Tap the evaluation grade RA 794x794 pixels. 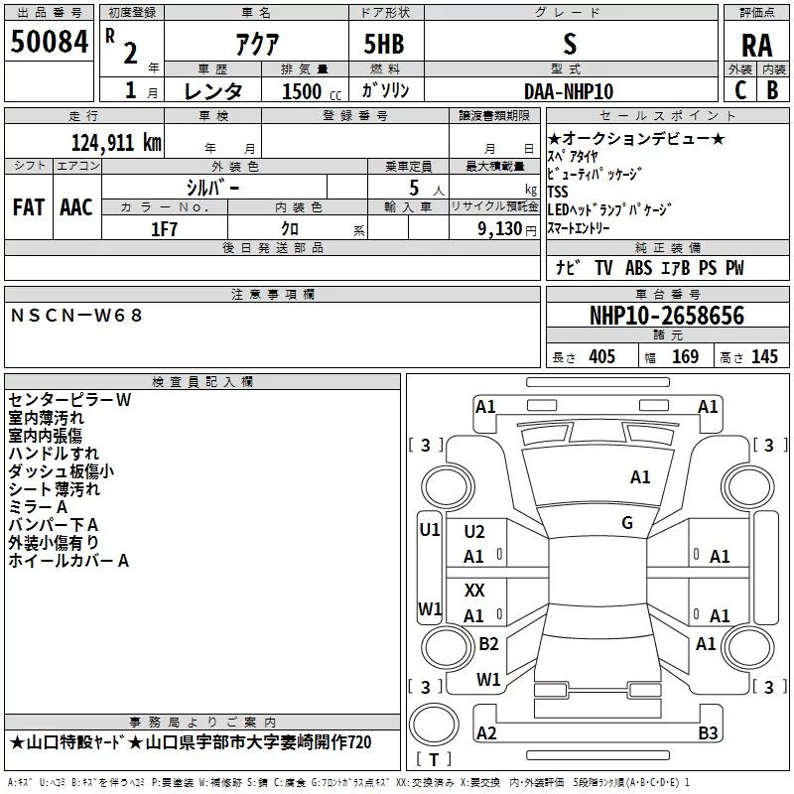click(756, 45)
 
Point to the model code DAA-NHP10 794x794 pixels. click(568, 90)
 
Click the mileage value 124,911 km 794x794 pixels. click(115, 142)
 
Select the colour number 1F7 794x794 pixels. click(164, 227)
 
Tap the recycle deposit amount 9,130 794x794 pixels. click(503, 227)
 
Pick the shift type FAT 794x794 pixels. click(28, 206)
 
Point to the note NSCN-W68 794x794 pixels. click(77, 315)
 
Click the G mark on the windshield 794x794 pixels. click(627, 523)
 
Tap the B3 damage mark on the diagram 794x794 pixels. click(707, 733)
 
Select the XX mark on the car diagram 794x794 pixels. click(474, 591)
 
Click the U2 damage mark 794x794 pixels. click(474, 532)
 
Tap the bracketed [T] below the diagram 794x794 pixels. click(428, 760)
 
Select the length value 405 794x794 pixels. click(600, 357)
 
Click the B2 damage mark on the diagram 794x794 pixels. click(488, 644)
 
